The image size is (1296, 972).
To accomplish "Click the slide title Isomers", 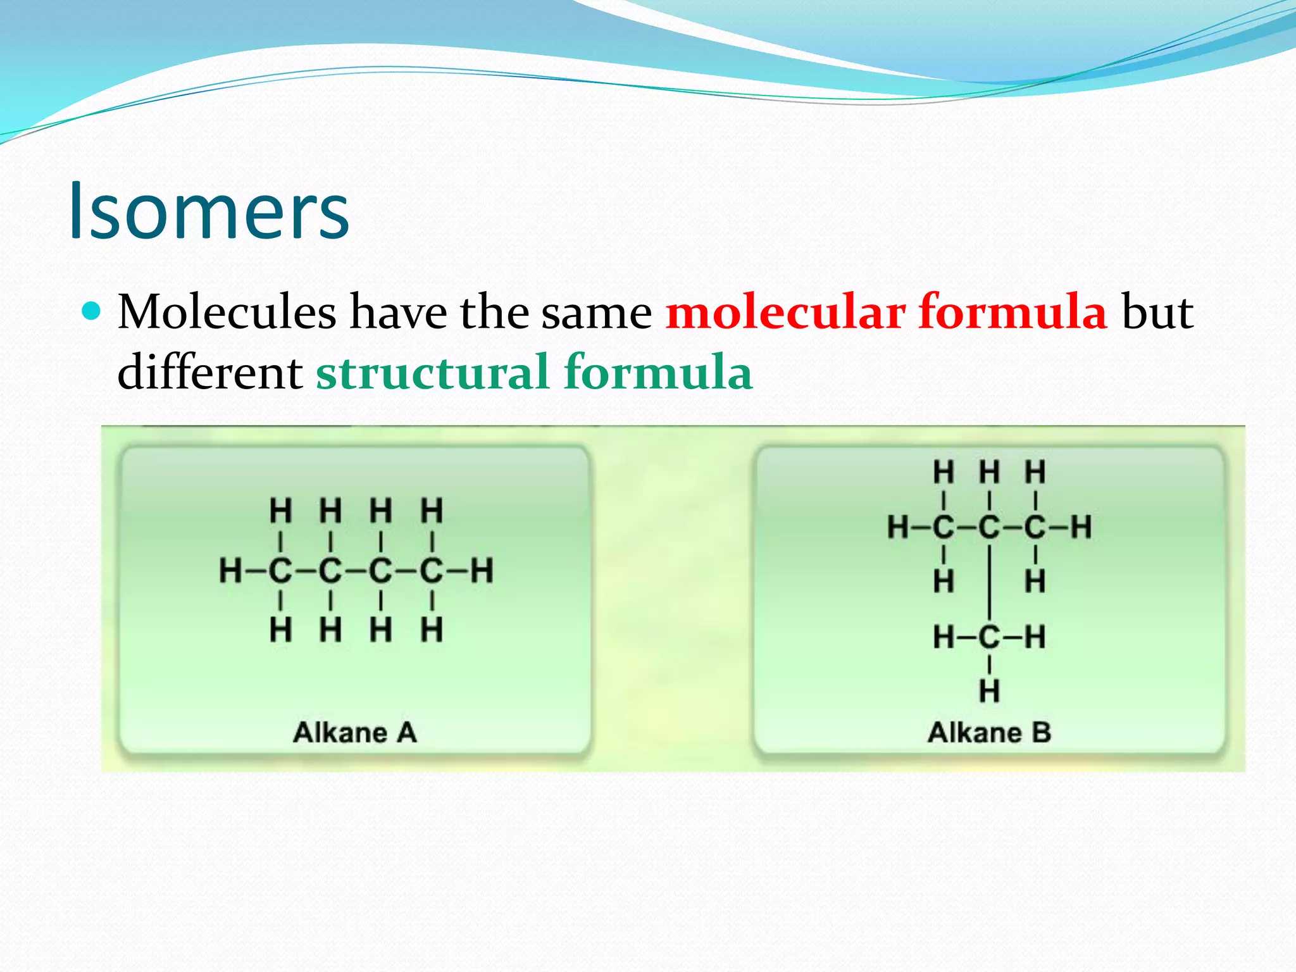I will click(209, 211).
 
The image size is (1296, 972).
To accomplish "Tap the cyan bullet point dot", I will click(92, 311).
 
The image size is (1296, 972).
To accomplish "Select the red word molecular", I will click(785, 312).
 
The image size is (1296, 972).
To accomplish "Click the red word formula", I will click(1012, 312).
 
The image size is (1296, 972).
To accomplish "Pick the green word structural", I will click(432, 372).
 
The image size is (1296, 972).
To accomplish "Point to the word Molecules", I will click(227, 312).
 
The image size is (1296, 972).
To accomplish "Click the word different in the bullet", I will click(209, 372).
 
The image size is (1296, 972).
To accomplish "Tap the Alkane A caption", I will click(355, 733).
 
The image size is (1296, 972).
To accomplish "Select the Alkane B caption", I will click(990, 733).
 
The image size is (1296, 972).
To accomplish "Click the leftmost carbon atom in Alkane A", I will click(280, 571).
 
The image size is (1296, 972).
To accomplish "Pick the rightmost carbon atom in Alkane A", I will click(432, 571).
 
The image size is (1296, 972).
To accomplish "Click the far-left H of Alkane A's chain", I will click(230, 571).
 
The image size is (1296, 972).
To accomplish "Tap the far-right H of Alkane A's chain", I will click(482, 571).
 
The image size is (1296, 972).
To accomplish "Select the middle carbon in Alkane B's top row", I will click(989, 527).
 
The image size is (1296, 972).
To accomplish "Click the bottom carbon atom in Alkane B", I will click(989, 637).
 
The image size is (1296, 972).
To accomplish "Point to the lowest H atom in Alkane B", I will click(989, 691).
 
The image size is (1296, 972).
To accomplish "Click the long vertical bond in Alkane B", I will click(989, 582).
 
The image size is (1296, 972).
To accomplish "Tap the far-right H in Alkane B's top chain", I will click(1081, 527).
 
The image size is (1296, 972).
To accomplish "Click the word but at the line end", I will click(1157, 312).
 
